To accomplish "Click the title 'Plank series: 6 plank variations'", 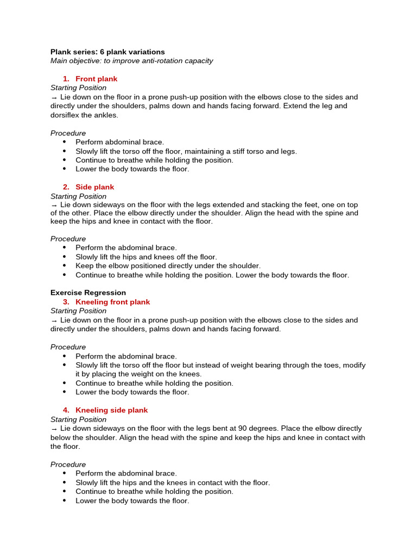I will (x=108, y=52).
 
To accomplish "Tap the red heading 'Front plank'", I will (x=96, y=79).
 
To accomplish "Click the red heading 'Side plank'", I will (x=94, y=187).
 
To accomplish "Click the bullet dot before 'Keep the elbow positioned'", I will (x=65, y=266).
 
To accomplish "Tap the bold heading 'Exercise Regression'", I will (x=88, y=293).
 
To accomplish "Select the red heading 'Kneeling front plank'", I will (x=112, y=302).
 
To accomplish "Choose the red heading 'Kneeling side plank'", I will (x=111, y=410).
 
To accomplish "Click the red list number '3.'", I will (x=66, y=302).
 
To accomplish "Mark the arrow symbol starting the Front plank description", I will (x=54, y=97).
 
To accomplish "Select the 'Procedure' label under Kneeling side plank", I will (x=68, y=465).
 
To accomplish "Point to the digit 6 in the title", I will (x=102, y=52).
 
